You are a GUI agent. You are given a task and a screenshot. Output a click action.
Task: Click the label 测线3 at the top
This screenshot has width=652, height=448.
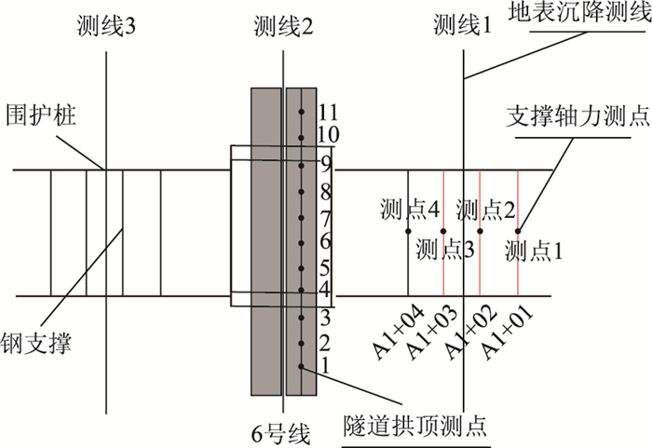tap(108, 27)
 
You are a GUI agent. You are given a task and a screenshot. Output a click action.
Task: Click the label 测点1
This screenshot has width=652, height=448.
tap(534, 249)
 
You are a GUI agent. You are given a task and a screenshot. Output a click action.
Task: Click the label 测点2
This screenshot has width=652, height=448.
tap(486, 208)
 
